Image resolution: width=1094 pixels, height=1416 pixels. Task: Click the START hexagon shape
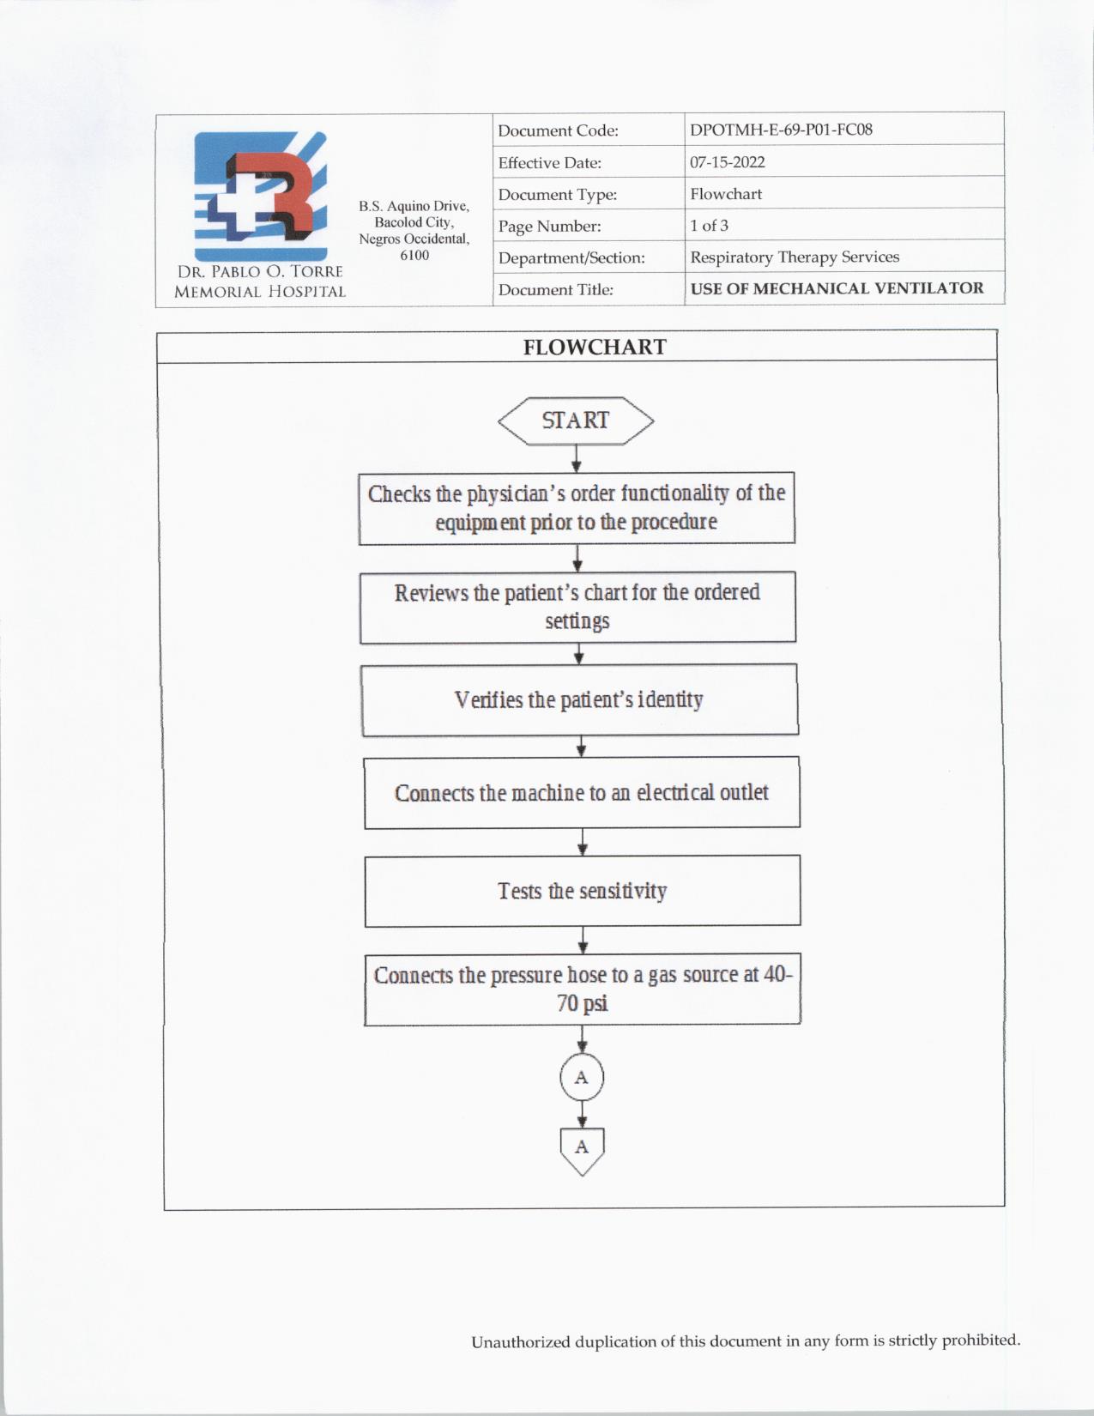[576, 421]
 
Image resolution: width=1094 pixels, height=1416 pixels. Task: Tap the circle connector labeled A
[582, 1078]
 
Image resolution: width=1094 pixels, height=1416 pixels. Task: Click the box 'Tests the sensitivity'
[583, 891]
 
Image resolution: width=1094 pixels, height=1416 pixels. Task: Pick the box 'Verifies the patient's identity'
[580, 699]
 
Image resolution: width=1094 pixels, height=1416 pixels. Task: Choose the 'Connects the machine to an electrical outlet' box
[582, 792]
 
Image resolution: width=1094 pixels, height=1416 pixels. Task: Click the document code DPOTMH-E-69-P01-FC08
[781, 130]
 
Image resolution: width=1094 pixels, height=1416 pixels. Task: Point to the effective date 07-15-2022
[727, 162]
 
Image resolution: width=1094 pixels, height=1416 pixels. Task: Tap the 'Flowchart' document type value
[726, 194]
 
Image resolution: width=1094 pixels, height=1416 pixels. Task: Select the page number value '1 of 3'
[709, 226]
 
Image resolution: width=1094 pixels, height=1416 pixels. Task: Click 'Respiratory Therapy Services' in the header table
[795, 257]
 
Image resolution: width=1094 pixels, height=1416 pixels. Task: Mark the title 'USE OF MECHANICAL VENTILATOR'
[837, 288]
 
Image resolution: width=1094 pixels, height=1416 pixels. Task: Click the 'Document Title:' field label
[555, 290]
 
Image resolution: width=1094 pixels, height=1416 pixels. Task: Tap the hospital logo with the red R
[260, 196]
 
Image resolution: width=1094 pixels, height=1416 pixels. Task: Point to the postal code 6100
[414, 255]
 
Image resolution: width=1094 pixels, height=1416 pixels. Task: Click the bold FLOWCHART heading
[595, 347]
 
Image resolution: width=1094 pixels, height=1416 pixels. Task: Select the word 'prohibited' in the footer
[981, 1340]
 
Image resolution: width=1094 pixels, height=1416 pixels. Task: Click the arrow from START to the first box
[577, 458]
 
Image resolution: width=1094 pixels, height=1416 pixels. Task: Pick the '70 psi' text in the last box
[583, 1003]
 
